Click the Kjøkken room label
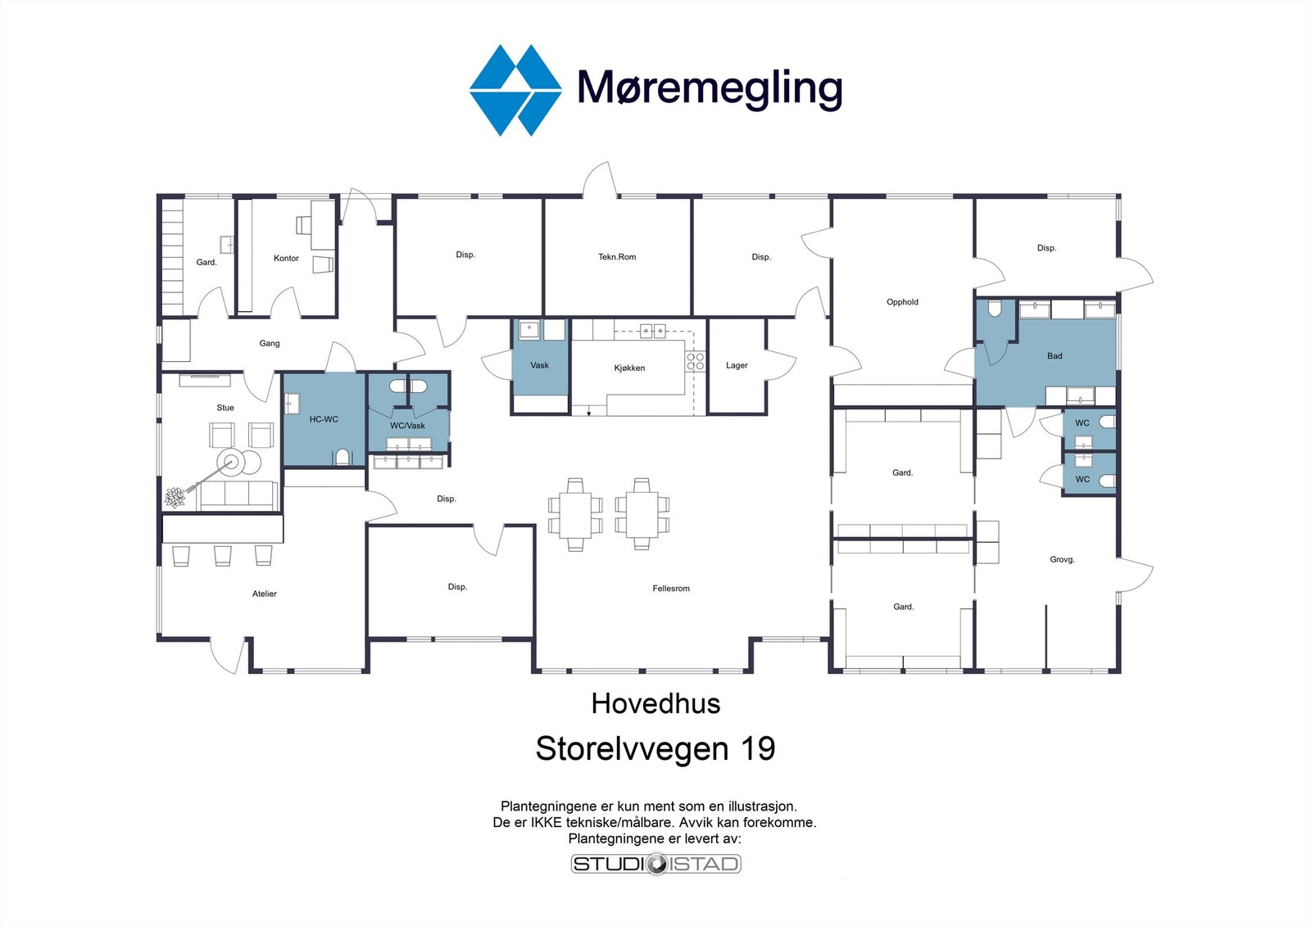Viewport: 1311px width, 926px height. point(629,368)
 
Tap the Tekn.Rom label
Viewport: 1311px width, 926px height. point(617,257)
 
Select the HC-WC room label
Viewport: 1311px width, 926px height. point(324,419)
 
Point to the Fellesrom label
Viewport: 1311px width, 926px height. point(671,589)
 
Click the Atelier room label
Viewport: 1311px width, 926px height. point(265,594)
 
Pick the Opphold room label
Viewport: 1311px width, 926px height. point(902,302)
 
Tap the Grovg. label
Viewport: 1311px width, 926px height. point(1062,559)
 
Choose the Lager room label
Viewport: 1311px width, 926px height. point(737,366)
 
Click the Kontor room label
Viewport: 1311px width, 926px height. point(286,258)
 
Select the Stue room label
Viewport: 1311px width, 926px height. point(225,408)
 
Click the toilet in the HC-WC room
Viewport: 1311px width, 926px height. point(342,457)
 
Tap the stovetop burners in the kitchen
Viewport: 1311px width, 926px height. point(696,362)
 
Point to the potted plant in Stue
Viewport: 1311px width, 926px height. point(175,497)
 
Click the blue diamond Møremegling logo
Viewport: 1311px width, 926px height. point(515,91)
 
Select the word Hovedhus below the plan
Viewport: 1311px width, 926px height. point(655,703)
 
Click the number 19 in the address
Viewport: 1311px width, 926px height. point(758,748)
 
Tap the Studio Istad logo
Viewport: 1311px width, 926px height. point(656,864)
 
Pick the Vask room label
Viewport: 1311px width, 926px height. point(540,366)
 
